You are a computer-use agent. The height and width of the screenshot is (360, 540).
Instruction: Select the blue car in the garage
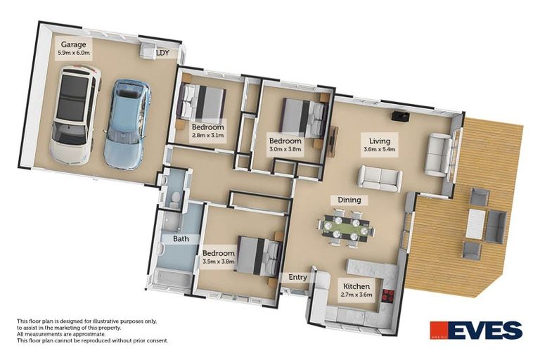pyautogui.click(x=127, y=124)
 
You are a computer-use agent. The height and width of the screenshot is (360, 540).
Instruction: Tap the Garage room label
pyautogui.click(x=73, y=44)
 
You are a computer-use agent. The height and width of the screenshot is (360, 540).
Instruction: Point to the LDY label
pyautogui.click(x=162, y=53)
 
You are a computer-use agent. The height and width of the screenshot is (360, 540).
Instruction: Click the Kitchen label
pyautogui.click(x=355, y=286)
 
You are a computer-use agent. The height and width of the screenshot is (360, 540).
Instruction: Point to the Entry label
pyautogui.click(x=298, y=277)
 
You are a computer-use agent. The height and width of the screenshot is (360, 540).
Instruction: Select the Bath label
pyautogui.click(x=181, y=238)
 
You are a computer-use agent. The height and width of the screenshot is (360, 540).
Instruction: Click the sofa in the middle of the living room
pyautogui.click(x=380, y=177)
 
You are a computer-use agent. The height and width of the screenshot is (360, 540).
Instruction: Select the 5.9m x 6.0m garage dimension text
pyautogui.click(x=73, y=53)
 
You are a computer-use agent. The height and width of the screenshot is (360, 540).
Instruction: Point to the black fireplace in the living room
pyautogui.click(x=399, y=115)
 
